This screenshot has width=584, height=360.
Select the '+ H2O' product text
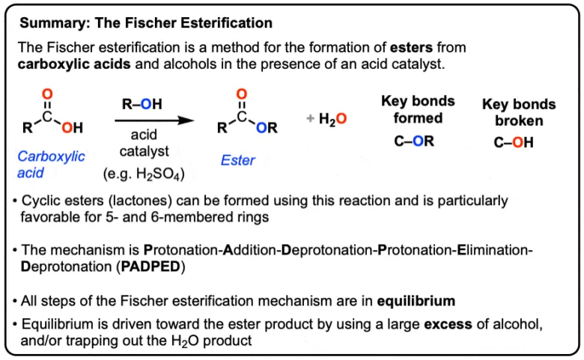(326, 119)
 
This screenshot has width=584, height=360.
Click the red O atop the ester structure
(241, 94)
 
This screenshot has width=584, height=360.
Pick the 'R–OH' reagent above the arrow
(142, 104)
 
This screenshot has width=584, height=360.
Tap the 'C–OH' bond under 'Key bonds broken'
(514, 142)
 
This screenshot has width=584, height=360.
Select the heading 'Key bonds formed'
(413, 109)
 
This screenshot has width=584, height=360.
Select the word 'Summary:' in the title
(48, 22)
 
